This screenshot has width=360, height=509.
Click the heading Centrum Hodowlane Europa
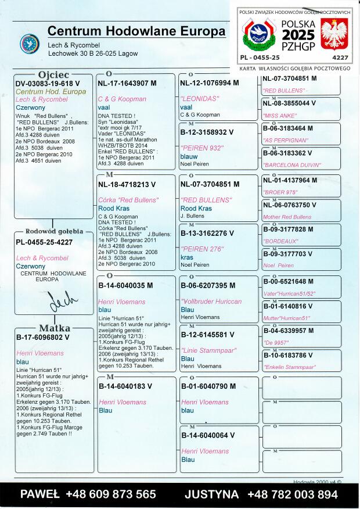click(136, 31)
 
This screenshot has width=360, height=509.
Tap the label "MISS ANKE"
click(280, 115)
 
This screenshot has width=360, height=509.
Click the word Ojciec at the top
click(53, 75)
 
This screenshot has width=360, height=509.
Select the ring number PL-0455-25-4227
click(44, 242)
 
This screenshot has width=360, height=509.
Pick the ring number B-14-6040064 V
click(208, 435)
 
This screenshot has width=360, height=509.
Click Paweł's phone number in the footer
click(88, 494)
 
